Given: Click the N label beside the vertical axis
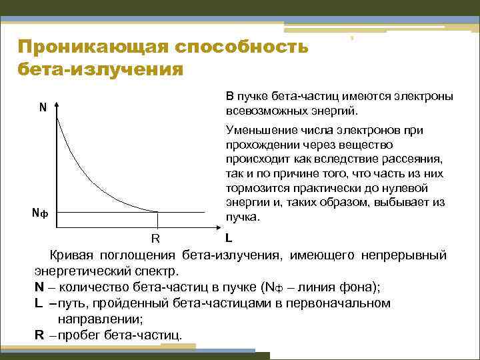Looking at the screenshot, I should pyautogui.click(x=42, y=107).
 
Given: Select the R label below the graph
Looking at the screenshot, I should pyautogui.click(x=155, y=239).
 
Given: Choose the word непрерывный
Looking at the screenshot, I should pyautogui.click(x=405, y=256).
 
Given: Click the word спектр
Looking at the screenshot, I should pyautogui.click(x=158, y=272).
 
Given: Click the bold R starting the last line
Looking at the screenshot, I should pyautogui.click(x=39, y=334).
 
